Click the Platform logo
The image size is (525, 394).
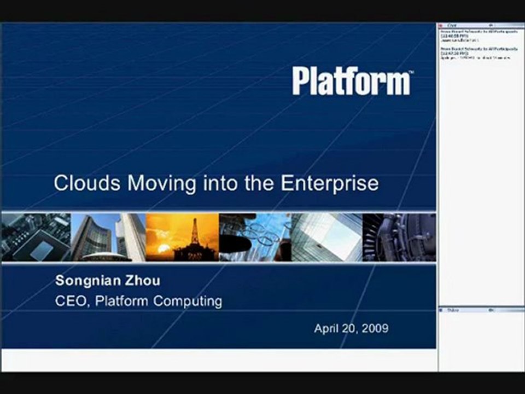[352, 81]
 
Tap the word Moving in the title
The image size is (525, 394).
[162, 183]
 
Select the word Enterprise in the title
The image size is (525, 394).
[330, 183]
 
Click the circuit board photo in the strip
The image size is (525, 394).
[36, 237]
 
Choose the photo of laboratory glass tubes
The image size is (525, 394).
[255, 237]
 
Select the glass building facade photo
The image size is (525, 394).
[326, 237]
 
